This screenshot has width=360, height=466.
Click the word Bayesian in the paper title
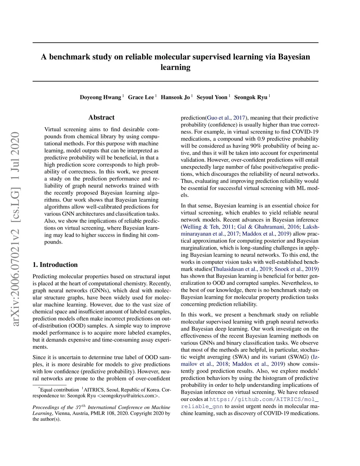point(294,57)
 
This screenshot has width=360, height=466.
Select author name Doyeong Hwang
point(100,97)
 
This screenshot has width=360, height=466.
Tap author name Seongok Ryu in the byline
point(251,97)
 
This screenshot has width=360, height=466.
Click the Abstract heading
point(101,117)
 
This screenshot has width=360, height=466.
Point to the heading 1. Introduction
point(55,265)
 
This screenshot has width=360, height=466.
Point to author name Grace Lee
point(141,97)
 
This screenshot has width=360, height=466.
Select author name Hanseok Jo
point(175,97)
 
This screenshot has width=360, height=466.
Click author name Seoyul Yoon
point(212,97)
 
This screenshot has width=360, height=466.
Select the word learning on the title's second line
point(175,67)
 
